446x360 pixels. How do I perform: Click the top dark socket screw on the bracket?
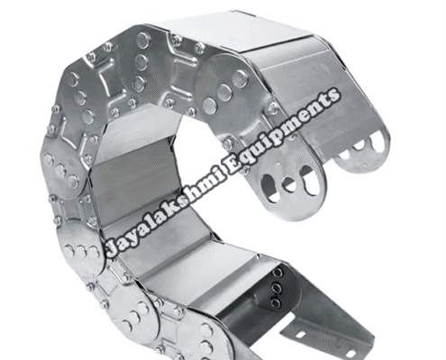(x=277, y=274)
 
